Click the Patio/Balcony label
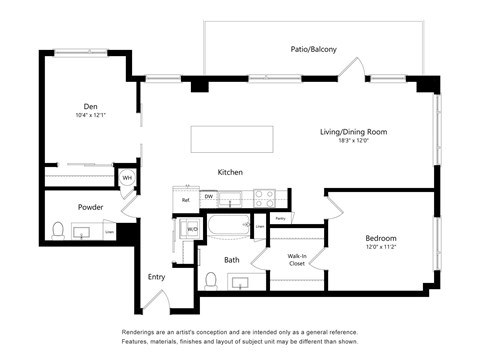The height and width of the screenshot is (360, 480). [312, 49]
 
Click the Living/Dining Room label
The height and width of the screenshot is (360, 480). [353, 132]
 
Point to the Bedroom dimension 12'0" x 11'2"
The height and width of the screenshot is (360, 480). [380, 248]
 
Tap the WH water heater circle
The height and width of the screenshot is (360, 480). [127, 179]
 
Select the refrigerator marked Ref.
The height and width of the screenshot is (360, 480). [185, 200]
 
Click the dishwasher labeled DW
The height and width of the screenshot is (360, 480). [208, 197]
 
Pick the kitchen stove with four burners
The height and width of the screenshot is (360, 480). [264, 198]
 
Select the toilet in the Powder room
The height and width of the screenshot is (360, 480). [59, 232]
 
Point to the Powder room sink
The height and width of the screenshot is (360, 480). [82, 232]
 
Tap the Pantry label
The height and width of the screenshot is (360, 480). [281, 217]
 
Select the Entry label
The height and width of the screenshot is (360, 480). [157, 277]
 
